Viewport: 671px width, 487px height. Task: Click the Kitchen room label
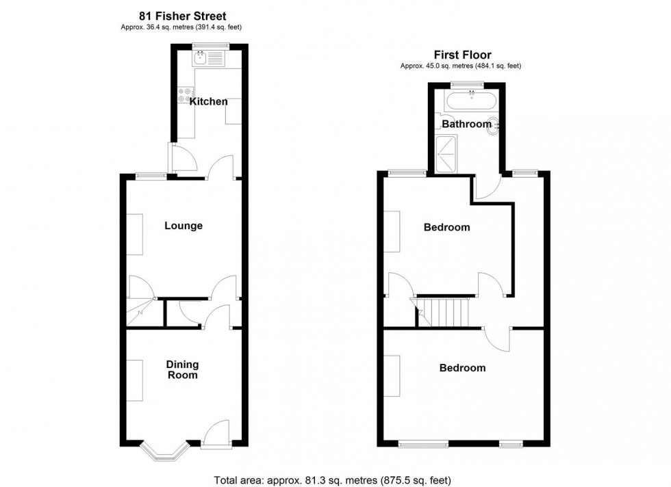point(209,102)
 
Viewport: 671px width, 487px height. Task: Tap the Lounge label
point(183,226)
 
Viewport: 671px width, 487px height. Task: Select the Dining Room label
point(182,370)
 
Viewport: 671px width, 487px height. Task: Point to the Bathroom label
point(466,124)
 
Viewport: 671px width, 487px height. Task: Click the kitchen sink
point(208,59)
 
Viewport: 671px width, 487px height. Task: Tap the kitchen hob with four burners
point(186,95)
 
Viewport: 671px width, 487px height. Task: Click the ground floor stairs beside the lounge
point(140,312)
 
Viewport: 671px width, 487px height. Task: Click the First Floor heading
point(462,55)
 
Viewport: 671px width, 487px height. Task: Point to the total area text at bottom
point(333,479)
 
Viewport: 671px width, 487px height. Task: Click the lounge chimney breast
point(134,235)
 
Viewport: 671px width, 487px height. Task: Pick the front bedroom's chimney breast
point(391,376)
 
